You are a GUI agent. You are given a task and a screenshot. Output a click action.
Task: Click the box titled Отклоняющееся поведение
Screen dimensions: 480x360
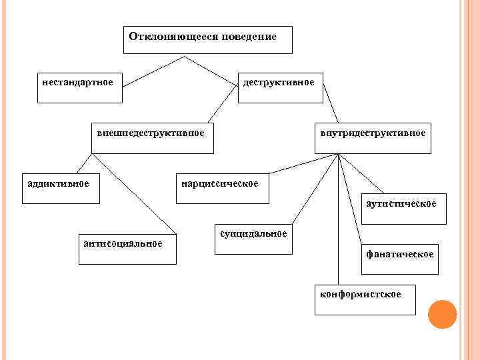(209, 40)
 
